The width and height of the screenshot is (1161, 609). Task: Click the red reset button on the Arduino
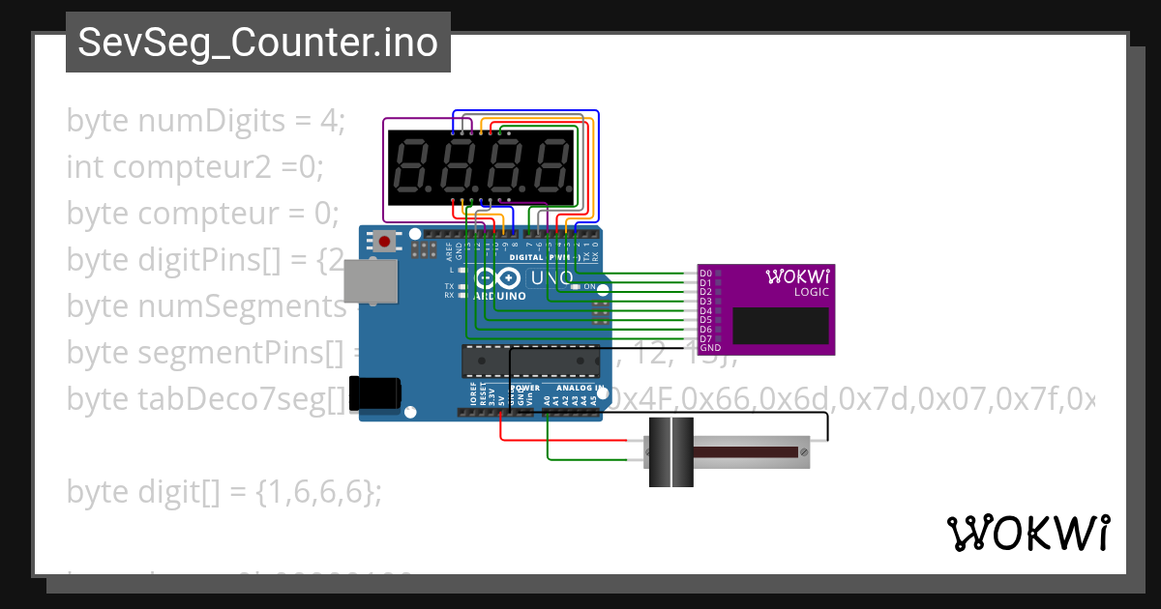[385, 241]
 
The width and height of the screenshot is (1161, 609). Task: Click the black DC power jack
[374, 391]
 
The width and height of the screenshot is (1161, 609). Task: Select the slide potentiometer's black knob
[670, 452]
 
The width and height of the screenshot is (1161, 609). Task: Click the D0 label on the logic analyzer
[705, 274]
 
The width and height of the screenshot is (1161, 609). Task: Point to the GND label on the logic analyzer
[709, 347]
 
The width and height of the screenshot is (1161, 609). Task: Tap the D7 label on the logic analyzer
[705, 338]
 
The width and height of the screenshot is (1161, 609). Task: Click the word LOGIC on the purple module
[811, 292]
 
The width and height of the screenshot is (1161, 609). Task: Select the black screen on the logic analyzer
[781, 325]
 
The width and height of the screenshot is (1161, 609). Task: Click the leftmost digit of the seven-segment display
[412, 166]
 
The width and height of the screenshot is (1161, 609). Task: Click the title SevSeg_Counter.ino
[257, 43]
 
